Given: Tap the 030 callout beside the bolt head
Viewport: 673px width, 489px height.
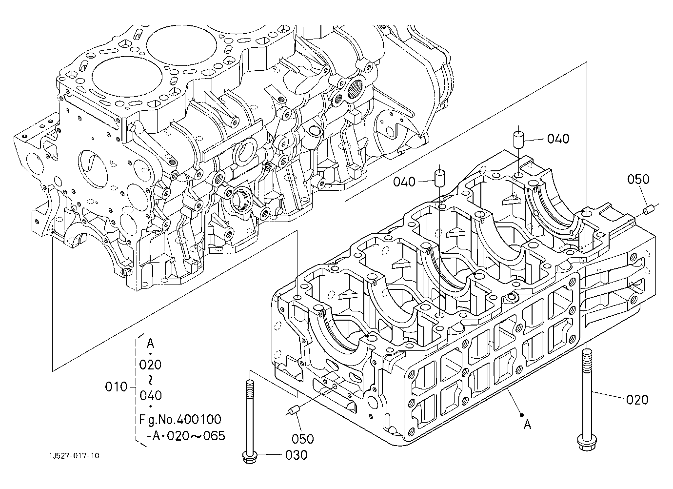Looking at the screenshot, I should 296,455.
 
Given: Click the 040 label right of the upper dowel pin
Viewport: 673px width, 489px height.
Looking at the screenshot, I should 558,139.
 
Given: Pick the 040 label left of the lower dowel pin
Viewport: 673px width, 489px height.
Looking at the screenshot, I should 404,182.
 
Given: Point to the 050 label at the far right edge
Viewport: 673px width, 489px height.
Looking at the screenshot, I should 638,180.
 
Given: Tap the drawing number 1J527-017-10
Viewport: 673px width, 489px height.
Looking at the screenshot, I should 74,456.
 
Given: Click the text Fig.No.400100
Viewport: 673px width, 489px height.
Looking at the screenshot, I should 180,419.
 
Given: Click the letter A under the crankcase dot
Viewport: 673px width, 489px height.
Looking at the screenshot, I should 527,425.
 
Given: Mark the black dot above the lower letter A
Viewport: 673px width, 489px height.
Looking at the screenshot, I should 522,416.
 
